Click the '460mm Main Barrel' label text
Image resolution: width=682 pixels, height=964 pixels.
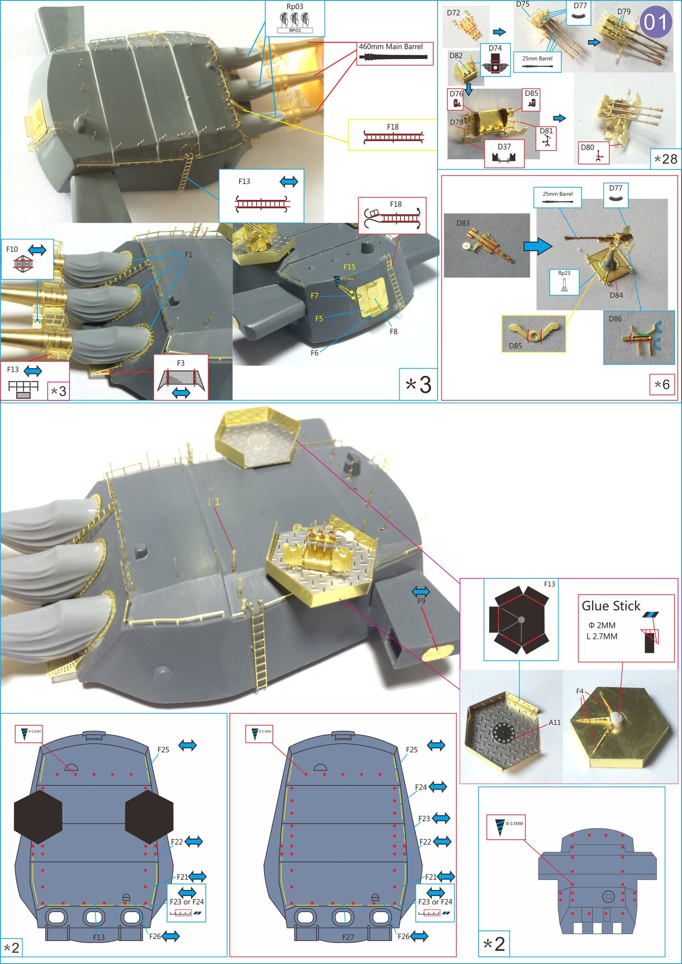pyautogui.click(x=390, y=47)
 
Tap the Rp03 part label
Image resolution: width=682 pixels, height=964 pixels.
pyautogui.click(x=295, y=7)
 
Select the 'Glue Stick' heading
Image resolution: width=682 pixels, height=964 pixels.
pyautogui.click(x=611, y=606)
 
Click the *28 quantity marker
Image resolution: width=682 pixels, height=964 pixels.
pyautogui.click(x=665, y=159)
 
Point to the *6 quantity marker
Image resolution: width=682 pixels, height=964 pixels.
pyautogui.click(x=662, y=384)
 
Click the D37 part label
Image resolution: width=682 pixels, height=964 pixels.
pyautogui.click(x=504, y=147)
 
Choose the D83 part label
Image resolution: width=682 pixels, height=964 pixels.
pyautogui.click(x=463, y=223)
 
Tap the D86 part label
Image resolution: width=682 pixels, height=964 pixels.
pyautogui.click(x=615, y=319)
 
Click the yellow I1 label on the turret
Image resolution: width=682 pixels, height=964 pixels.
pyautogui.click(x=214, y=502)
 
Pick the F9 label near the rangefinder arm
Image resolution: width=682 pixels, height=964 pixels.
pyautogui.click(x=421, y=601)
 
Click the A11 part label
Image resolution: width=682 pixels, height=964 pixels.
pyautogui.click(x=555, y=722)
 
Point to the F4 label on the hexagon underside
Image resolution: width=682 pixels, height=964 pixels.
pyautogui.click(x=580, y=691)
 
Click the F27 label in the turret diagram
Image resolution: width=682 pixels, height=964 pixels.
pyautogui.click(x=348, y=937)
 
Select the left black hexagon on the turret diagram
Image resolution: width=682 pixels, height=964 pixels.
pyautogui.click(x=38, y=816)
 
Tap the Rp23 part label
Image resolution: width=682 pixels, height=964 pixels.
pyautogui.click(x=564, y=273)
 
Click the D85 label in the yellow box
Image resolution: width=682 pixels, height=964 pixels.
pyautogui.click(x=515, y=346)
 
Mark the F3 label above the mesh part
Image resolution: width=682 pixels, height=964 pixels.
pyautogui.click(x=180, y=363)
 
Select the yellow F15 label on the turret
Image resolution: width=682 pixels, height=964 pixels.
pyautogui.click(x=349, y=267)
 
